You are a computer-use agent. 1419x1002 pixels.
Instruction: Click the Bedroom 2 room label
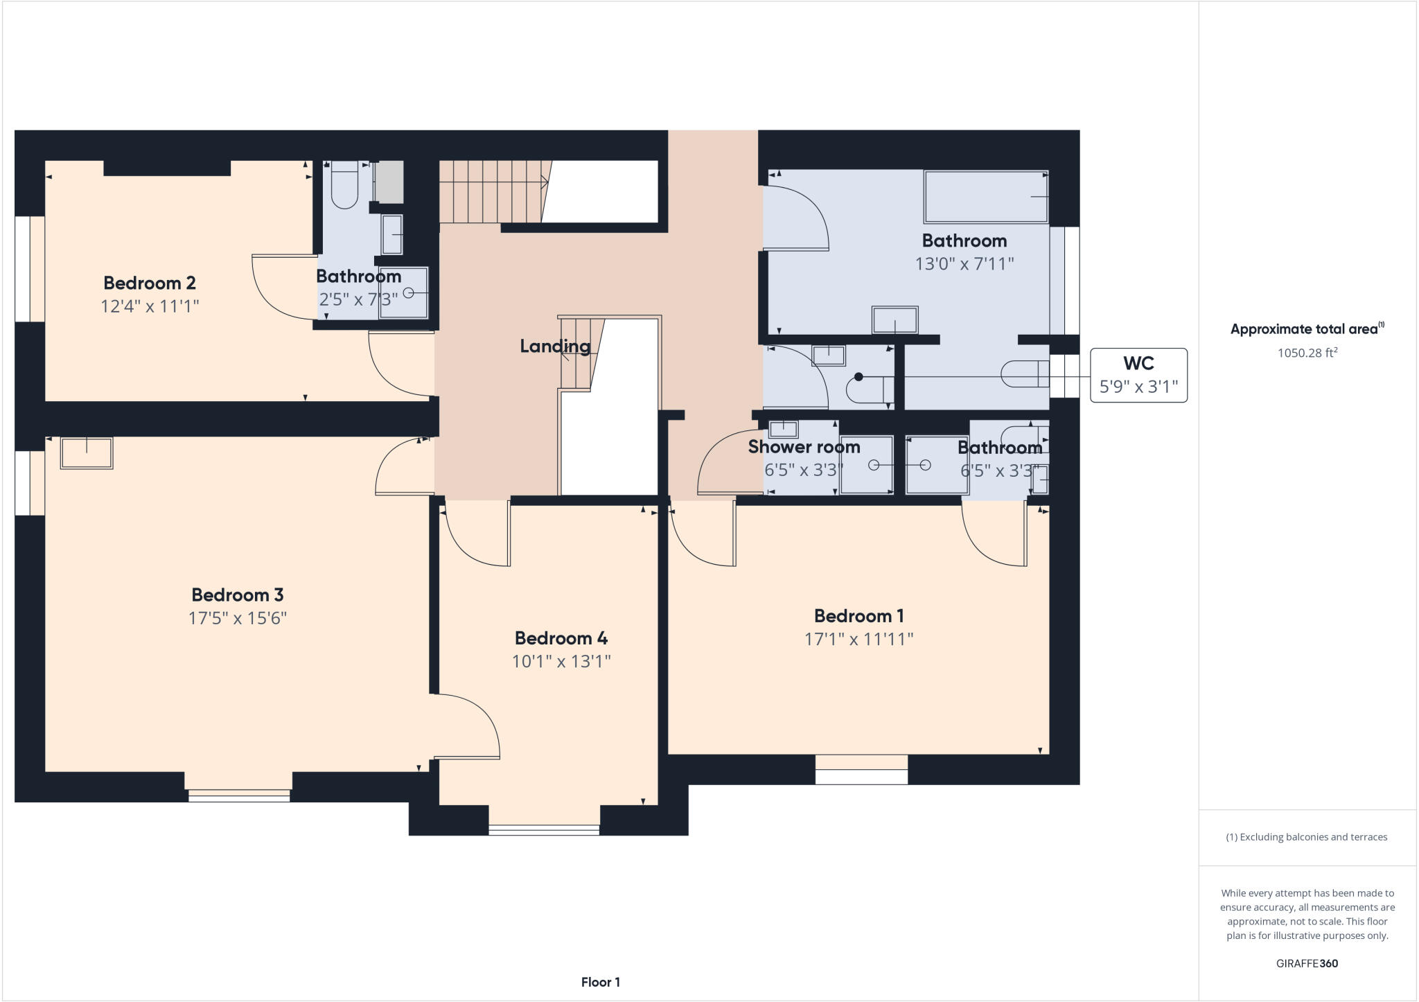click(x=150, y=283)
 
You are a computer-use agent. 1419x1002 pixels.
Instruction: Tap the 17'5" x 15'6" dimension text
click(x=238, y=618)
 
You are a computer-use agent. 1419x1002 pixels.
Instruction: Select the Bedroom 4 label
click(x=561, y=638)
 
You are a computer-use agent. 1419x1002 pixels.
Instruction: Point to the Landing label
click(x=555, y=346)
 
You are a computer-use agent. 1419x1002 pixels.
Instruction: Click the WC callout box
click(x=1138, y=375)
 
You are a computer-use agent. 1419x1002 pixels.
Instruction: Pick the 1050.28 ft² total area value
click(x=1307, y=353)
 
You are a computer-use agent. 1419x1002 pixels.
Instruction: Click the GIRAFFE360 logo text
click(x=1307, y=963)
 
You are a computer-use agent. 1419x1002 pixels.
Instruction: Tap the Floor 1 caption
click(x=600, y=982)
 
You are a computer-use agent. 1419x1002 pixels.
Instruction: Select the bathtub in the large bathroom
click(x=985, y=197)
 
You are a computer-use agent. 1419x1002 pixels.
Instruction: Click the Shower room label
click(x=804, y=447)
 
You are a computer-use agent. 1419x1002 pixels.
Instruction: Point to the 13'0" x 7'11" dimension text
click(x=964, y=264)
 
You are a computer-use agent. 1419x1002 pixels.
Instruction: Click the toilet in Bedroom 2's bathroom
click(x=344, y=184)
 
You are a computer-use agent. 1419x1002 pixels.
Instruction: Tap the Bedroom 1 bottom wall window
click(x=861, y=770)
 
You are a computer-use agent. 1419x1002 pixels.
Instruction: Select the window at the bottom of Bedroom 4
click(x=544, y=829)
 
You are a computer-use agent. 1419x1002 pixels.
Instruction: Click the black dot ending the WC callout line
click(x=858, y=377)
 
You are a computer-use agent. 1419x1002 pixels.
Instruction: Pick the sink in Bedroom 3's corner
click(x=87, y=453)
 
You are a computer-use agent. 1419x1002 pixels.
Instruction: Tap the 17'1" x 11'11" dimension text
click(x=858, y=639)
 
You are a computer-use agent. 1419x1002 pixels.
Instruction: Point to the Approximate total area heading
click(x=1306, y=329)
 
